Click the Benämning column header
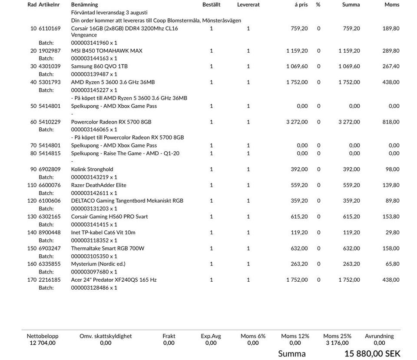click(84, 5)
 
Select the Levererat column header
click(248, 5)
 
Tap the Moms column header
click(392, 5)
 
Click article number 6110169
click(50, 29)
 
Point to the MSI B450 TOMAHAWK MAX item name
click(106, 51)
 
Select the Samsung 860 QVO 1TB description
click(99, 67)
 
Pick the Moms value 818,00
click(391, 122)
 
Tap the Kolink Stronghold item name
click(92, 170)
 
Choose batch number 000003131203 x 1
click(94, 209)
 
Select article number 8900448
click(50, 233)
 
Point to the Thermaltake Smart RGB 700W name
click(108, 249)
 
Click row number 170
click(32, 280)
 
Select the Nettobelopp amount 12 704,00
click(43, 343)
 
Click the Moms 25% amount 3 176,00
click(337, 343)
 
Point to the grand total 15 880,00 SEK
click(372, 354)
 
